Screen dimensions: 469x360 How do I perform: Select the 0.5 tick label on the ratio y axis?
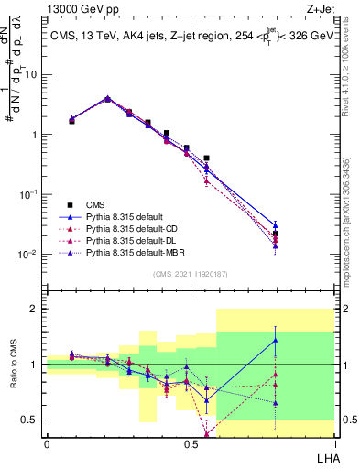pos(30,420)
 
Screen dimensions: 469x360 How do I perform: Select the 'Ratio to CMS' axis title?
pos(13,366)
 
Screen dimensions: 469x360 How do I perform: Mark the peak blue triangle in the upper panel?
pos(108,97)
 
